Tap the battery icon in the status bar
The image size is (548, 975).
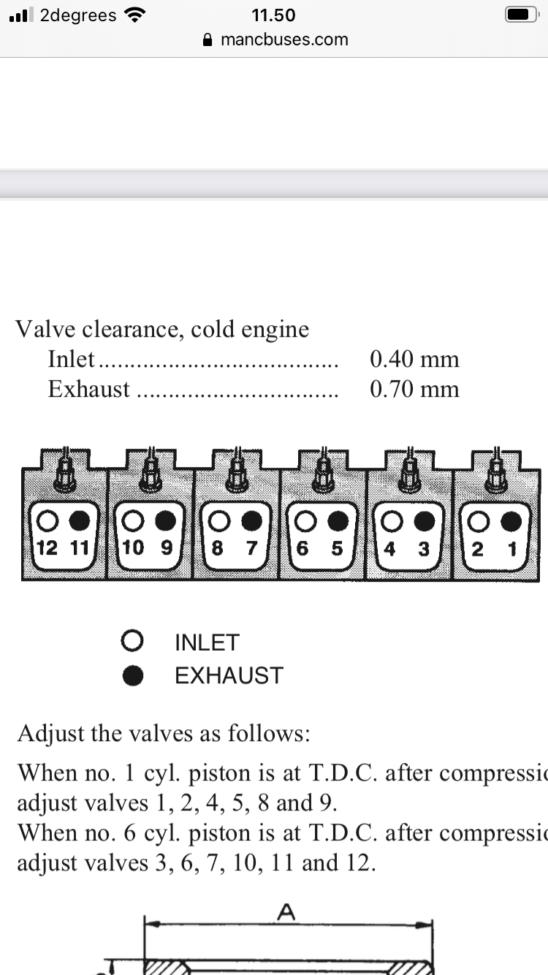point(520,15)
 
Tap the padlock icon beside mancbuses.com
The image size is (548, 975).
point(208,39)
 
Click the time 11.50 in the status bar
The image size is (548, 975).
point(273,15)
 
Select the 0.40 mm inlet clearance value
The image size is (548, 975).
point(414,359)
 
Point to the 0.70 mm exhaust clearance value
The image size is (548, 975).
point(414,389)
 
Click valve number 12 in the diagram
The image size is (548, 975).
point(47,547)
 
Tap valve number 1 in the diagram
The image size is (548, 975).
point(512,548)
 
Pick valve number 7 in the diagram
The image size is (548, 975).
point(251,548)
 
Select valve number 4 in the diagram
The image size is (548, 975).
point(390,548)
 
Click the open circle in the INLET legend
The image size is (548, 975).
point(132,642)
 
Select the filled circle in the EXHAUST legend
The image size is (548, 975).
point(132,675)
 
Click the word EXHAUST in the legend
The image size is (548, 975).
point(229,675)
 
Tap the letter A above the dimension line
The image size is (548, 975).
point(287,911)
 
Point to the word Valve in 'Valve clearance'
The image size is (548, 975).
point(44,329)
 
